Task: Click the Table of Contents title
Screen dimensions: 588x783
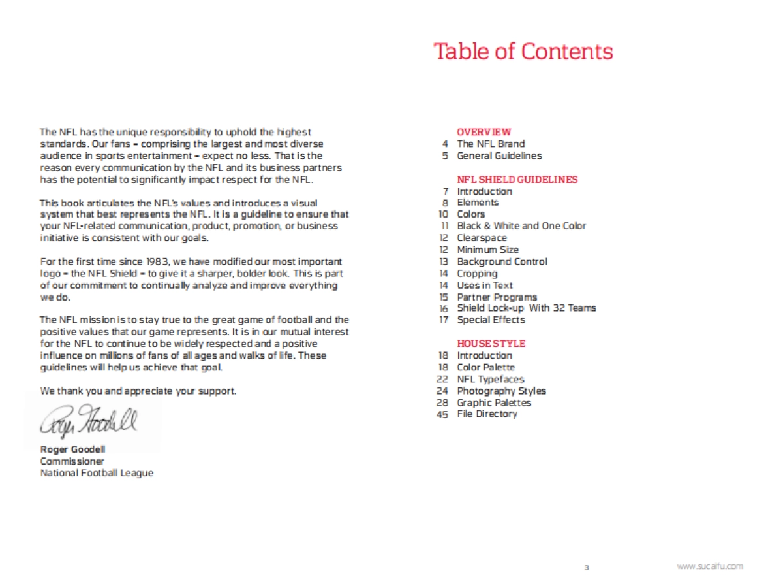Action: (x=523, y=52)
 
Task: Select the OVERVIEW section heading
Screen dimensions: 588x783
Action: (x=484, y=132)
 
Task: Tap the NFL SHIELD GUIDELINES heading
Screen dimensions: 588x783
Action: (x=517, y=179)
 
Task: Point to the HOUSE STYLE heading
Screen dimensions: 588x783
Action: (x=491, y=344)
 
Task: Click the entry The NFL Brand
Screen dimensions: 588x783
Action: (x=491, y=144)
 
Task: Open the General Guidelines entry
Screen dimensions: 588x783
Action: (x=499, y=155)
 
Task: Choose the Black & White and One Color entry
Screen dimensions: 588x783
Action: (x=521, y=226)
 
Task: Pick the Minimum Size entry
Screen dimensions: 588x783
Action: (x=488, y=250)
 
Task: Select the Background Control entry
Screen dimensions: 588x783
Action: (x=502, y=261)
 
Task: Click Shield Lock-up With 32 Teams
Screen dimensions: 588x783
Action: (x=527, y=308)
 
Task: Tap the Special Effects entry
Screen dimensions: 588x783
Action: (x=491, y=320)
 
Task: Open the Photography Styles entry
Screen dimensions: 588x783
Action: (x=501, y=391)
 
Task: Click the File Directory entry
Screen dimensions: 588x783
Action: (x=487, y=414)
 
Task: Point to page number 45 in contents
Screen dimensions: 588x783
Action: (x=443, y=414)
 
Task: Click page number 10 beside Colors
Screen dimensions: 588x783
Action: (x=444, y=214)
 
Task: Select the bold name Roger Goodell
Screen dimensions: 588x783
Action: (x=73, y=449)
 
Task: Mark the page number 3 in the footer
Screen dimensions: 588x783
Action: (x=586, y=568)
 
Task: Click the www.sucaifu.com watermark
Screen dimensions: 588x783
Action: (x=710, y=566)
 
